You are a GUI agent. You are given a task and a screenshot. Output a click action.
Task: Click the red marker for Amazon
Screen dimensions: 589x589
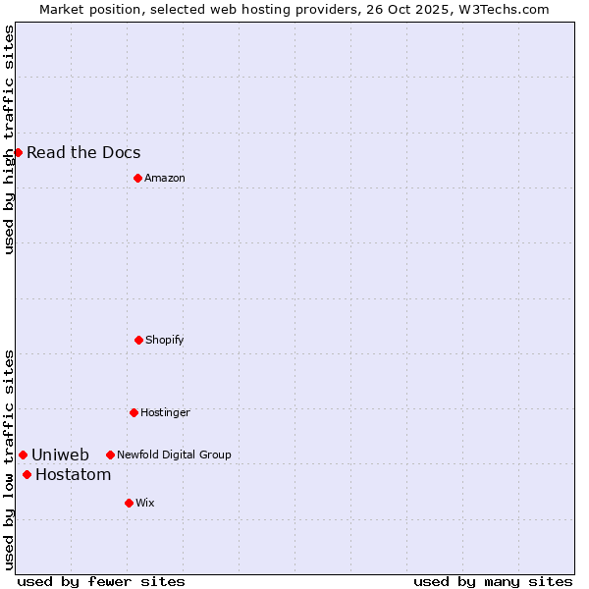[x=137, y=178]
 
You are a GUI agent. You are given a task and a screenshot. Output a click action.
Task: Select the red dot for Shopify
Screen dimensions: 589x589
[x=138, y=340]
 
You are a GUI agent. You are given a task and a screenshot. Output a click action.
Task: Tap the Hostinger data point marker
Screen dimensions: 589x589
[x=134, y=412]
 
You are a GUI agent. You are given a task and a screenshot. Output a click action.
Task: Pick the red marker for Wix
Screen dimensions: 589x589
[x=129, y=503]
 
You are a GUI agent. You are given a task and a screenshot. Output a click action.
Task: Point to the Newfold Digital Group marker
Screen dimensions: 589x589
[x=110, y=455]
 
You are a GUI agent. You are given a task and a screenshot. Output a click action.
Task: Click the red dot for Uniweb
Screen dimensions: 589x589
[x=23, y=455]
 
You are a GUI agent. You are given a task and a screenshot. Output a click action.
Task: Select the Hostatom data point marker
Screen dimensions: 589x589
[x=27, y=475]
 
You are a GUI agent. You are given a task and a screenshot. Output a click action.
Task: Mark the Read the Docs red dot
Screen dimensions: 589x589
[x=18, y=152]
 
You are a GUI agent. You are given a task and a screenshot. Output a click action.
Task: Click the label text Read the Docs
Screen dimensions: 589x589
[x=83, y=152]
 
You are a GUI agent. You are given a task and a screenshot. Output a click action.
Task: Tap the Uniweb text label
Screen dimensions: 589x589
[x=60, y=455]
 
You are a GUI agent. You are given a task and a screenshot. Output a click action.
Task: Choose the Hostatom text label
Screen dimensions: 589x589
[x=73, y=475]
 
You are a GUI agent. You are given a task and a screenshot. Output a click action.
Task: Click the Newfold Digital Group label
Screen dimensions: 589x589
[x=174, y=455]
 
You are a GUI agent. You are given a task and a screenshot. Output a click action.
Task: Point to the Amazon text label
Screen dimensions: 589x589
[x=165, y=178]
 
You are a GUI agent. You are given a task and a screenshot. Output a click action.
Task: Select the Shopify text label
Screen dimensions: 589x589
[x=165, y=340]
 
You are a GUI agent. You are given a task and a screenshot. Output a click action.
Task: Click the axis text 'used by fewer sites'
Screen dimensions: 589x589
[x=101, y=581]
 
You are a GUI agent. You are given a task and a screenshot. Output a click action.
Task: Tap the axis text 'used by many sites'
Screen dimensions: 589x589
[x=493, y=581]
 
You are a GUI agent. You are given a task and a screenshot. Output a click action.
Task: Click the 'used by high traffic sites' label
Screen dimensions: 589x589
[x=9, y=139]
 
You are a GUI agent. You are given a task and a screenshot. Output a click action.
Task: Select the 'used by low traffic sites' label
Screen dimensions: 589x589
[x=9, y=459]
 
